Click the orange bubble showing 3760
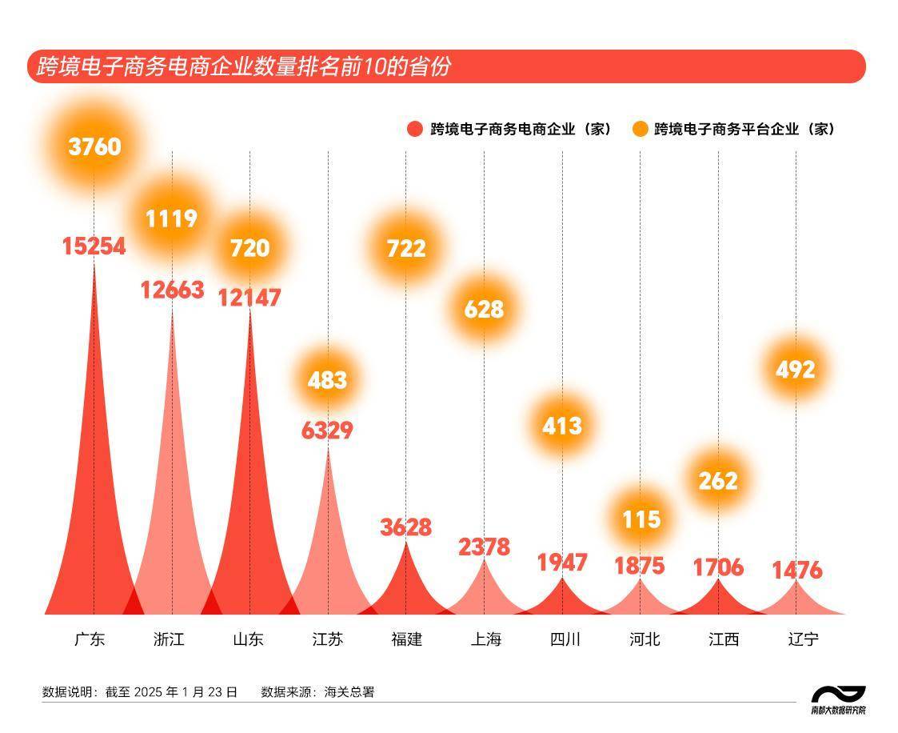point(94,147)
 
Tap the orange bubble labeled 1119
point(172,218)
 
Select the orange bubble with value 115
point(641,519)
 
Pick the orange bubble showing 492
point(796,370)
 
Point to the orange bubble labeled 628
point(484,309)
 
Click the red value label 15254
point(94,246)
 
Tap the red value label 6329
point(327,431)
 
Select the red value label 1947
point(562,563)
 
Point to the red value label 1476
point(796,571)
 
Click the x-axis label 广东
point(90,639)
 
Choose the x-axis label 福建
point(406,639)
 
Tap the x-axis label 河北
point(645,639)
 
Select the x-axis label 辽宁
point(803,639)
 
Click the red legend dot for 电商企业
point(414,129)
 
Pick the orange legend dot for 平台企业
point(640,129)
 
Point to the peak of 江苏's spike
point(328,448)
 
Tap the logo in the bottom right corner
point(838,699)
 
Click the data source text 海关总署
point(349,692)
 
